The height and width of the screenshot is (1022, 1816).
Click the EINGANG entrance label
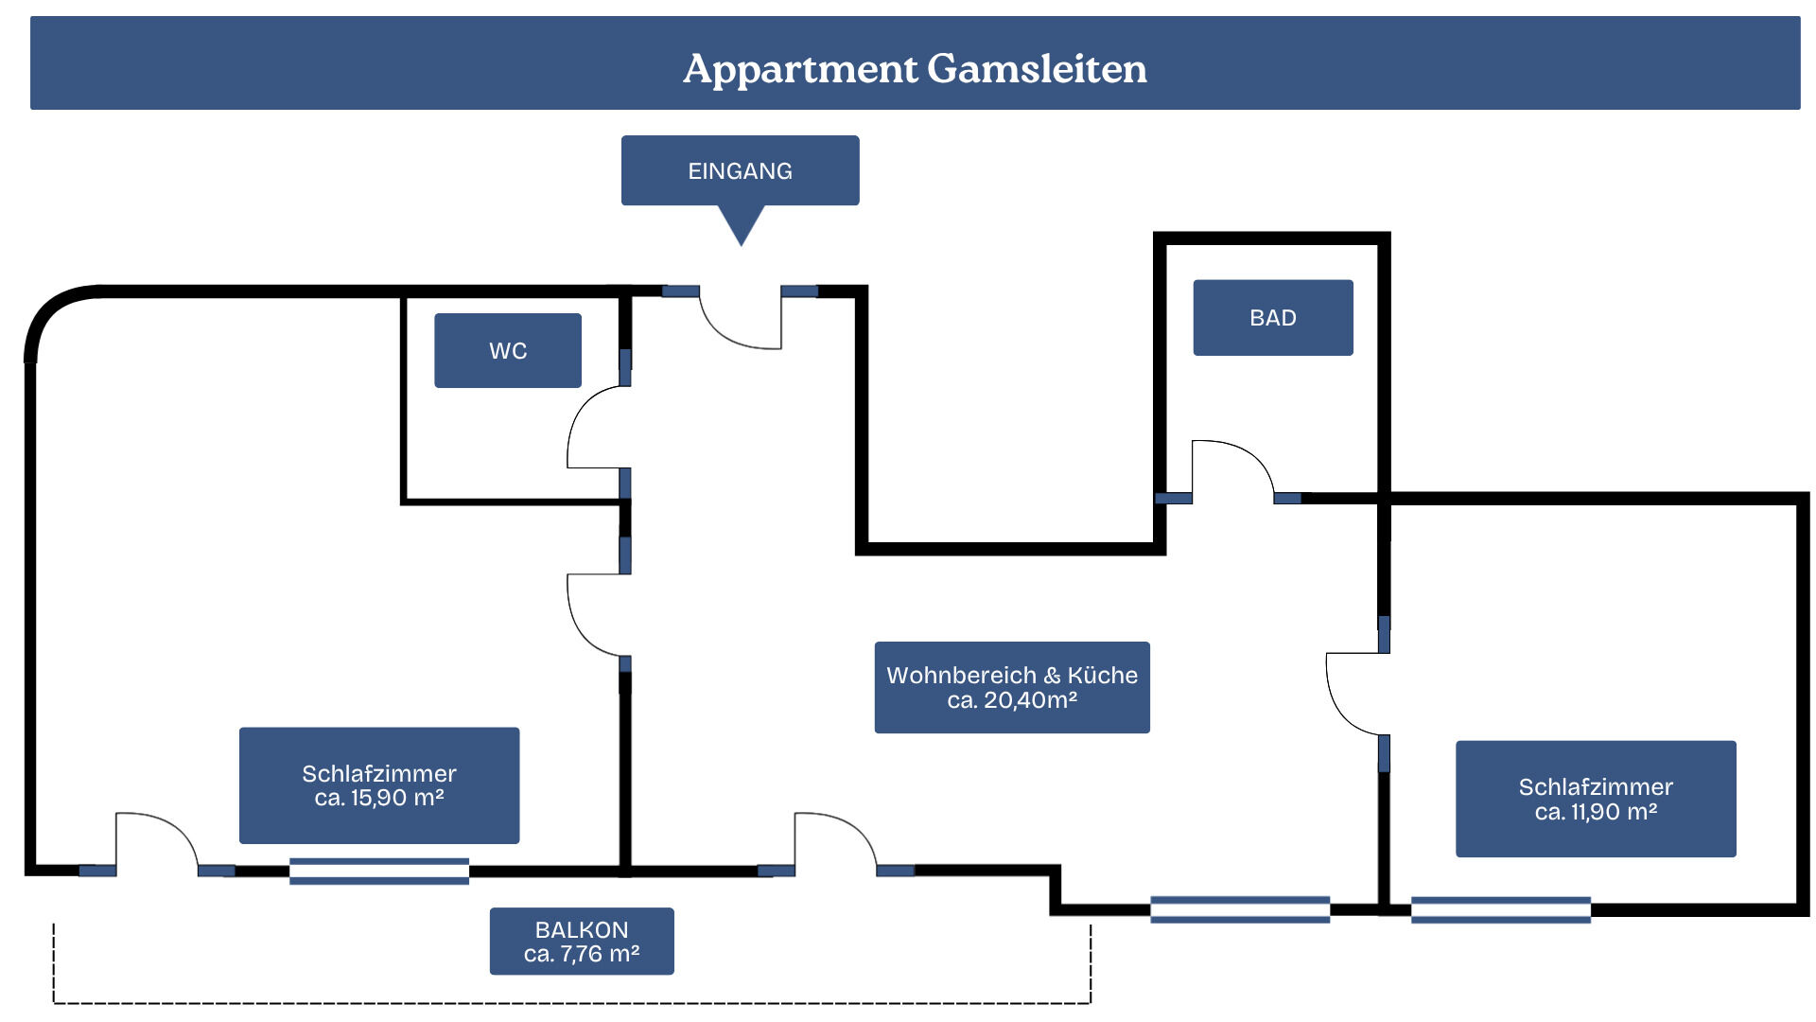click(740, 170)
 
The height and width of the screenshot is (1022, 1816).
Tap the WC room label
click(508, 350)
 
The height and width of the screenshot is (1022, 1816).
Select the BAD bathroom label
click(1273, 317)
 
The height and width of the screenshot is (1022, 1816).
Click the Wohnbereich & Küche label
click(1012, 687)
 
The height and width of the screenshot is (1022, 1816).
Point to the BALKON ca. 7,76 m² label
click(582, 941)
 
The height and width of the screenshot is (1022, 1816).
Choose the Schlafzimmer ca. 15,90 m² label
click(379, 785)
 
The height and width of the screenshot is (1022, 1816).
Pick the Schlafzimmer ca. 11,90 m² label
click(1596, 799)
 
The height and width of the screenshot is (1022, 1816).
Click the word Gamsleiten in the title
click(1037, 68)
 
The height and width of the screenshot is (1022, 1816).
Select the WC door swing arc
click(579, 416)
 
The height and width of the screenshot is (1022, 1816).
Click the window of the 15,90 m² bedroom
click(379, 872)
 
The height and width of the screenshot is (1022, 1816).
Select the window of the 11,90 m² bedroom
click(1501, 909)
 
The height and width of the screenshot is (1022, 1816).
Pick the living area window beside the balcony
click(1240, 909)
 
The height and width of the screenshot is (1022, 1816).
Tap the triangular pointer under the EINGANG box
click(741, 225)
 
